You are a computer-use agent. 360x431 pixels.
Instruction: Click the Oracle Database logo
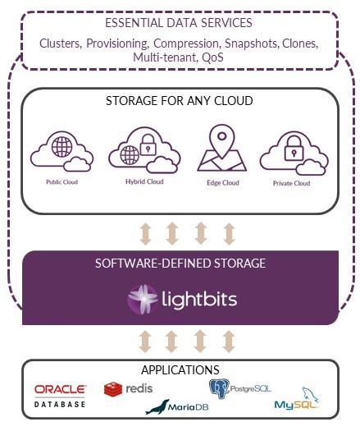click(60, 396)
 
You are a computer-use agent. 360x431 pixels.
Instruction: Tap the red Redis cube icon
click(113, 389)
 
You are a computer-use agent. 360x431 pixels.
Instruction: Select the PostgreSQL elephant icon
click(219, 388)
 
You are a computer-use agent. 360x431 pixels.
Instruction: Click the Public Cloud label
click(62, 182)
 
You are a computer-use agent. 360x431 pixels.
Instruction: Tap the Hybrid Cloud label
click(144, 181)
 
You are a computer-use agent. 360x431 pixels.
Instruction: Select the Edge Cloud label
click(223, 183)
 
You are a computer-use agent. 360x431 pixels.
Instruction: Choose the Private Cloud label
click(292, 183)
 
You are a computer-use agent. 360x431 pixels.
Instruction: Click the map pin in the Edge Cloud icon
click(222, 141)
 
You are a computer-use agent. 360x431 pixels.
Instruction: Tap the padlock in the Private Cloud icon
click(294, 149)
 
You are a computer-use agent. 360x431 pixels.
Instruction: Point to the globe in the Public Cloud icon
click(62, 147)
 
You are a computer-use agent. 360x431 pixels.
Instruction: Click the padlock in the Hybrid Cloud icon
click(148, 144)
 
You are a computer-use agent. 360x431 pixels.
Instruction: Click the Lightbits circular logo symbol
click(142, 300)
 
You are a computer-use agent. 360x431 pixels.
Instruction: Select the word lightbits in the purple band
click(199, 299)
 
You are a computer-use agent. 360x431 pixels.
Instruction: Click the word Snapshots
click(251, 44)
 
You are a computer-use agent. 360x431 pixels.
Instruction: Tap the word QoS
click(212, 57)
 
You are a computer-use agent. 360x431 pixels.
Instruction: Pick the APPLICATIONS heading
click(180, 370)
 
